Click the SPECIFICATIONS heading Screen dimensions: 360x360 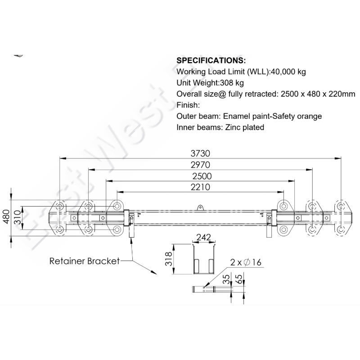(211, 60)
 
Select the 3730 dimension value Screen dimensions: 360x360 (200, 153)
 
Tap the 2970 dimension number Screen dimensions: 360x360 (200, 164)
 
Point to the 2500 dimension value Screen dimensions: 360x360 (200, 175)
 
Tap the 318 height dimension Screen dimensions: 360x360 (167, 260)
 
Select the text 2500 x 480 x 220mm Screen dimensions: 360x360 (318, 94)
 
